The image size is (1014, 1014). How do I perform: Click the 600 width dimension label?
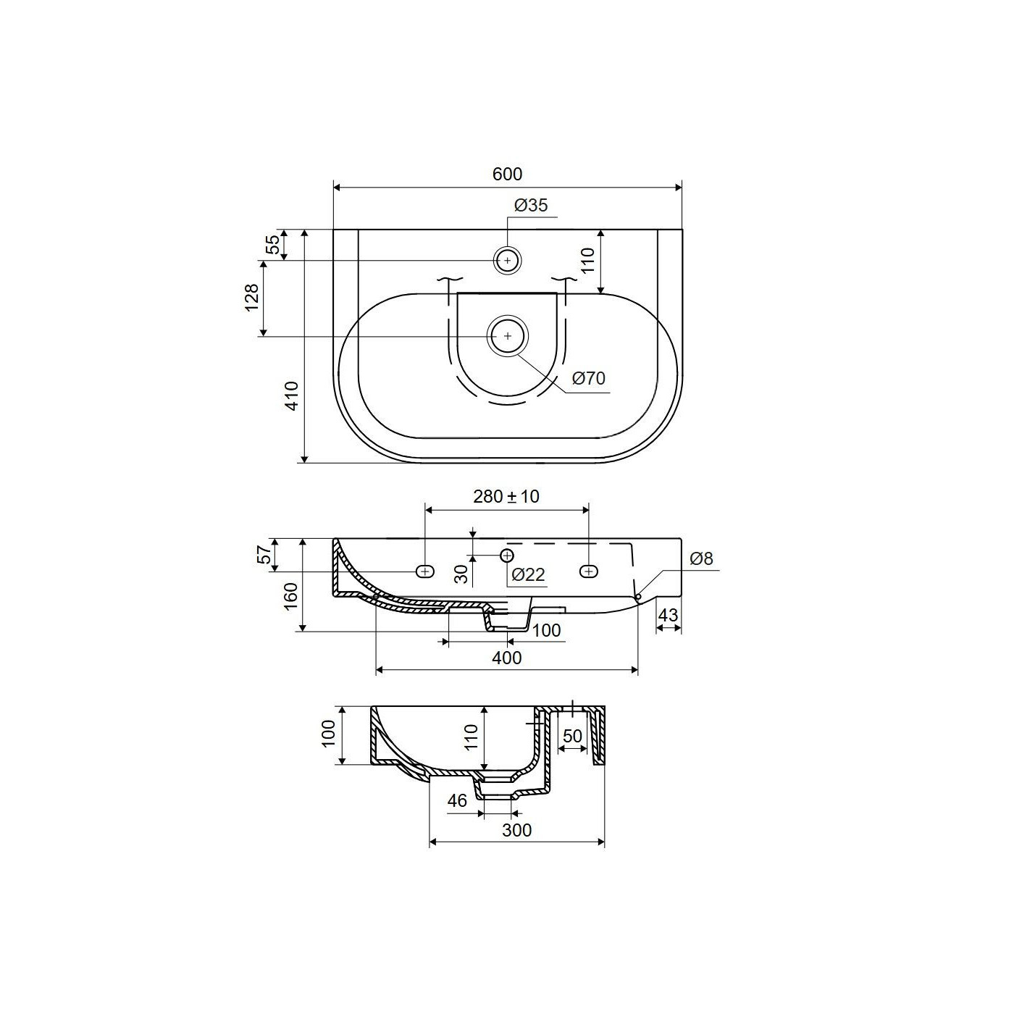coord(507,174)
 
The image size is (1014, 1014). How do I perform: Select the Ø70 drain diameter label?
coord(589,378)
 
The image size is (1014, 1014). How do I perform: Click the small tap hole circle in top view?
coord(507,261)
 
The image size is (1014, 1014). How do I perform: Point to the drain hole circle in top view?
coord(507,336)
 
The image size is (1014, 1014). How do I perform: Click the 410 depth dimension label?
coord(291,395)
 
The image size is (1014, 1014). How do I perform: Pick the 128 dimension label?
coord(252,298)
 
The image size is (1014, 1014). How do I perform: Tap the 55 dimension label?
coord(272,245)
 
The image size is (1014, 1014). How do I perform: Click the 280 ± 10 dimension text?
coord(506,496)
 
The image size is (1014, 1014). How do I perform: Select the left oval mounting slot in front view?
coord(425,571)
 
